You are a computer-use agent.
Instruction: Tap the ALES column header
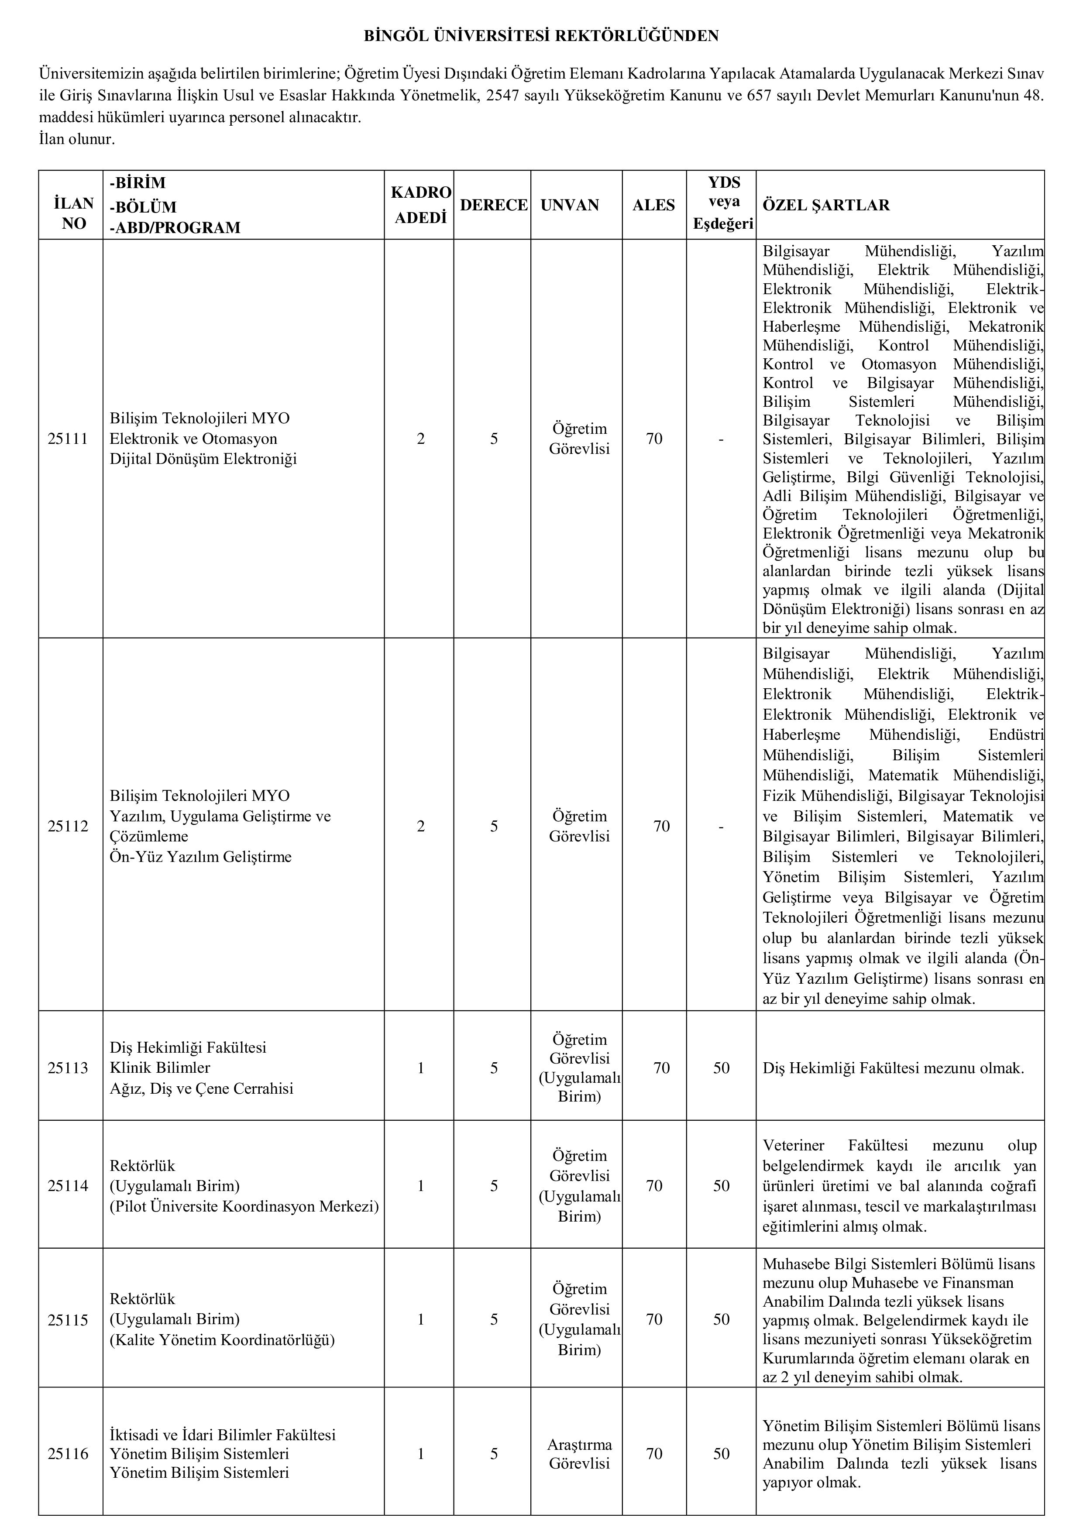pos(653,206)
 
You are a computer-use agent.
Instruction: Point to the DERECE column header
pos(494,206)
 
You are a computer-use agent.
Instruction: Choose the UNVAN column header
pos(570,206)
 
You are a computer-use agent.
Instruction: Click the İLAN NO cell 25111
pos(68,439)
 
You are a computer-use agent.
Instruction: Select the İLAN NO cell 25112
pos(68,826)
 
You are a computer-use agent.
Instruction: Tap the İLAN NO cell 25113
pos(68,1068)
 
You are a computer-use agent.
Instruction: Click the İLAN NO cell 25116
pos(68,1454)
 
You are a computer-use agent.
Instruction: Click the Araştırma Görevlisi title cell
pos(580,1454)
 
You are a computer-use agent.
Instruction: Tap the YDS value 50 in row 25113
pos(722,1068)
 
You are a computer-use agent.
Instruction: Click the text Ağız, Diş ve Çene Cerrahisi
pos(201,1088)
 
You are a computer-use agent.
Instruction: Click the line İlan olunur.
pos(77,139)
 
